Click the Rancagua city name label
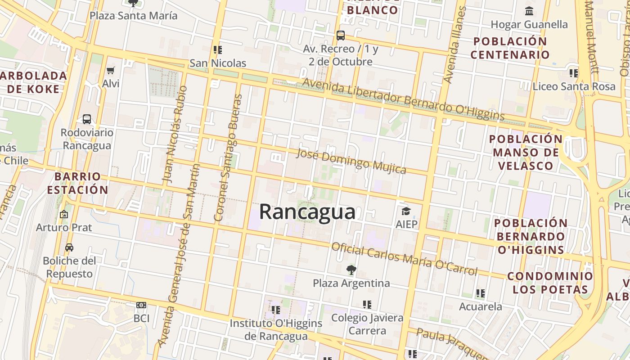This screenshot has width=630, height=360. pos(307,211)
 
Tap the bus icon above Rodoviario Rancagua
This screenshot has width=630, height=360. pos(87,119)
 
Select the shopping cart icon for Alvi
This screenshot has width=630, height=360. pos(111,70)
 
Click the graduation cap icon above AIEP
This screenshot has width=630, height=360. pos(406,211)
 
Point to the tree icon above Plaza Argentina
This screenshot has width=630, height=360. pos(351,270)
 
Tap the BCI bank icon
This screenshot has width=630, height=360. pos(141,305)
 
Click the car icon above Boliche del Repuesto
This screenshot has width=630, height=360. pos(69,247)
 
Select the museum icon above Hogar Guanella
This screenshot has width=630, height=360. pos(529,11)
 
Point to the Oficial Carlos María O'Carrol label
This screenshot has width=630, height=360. pos(404,259)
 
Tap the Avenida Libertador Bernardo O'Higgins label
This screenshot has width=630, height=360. pos(403,99)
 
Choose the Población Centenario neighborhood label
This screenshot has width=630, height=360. pos(510,48)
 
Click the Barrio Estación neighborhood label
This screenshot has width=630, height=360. pos(78,183)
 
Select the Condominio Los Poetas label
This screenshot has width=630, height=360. pos(550,283)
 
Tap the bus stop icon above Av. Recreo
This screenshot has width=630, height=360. pos(341,35)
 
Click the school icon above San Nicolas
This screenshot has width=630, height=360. pos(218,49)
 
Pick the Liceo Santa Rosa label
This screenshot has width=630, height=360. pos(574,86)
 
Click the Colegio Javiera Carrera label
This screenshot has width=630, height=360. pos(367,324)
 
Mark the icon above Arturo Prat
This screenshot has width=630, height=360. pos(64,214)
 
